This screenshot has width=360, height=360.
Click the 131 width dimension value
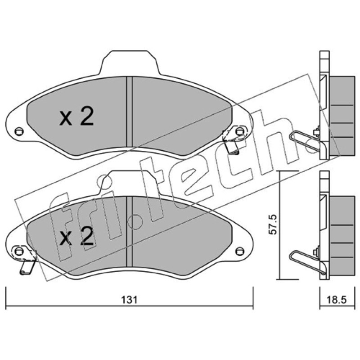coord(129,300)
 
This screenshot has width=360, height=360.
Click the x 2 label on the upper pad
coord(76,117)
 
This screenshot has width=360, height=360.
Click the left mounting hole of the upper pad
coord(19,131)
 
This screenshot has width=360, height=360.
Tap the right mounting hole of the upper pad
coord(240,131)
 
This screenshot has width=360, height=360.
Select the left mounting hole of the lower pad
coord(19,251)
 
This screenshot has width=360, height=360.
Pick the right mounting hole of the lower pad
coord(240,251)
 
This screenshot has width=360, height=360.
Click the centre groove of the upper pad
coord(130,112)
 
